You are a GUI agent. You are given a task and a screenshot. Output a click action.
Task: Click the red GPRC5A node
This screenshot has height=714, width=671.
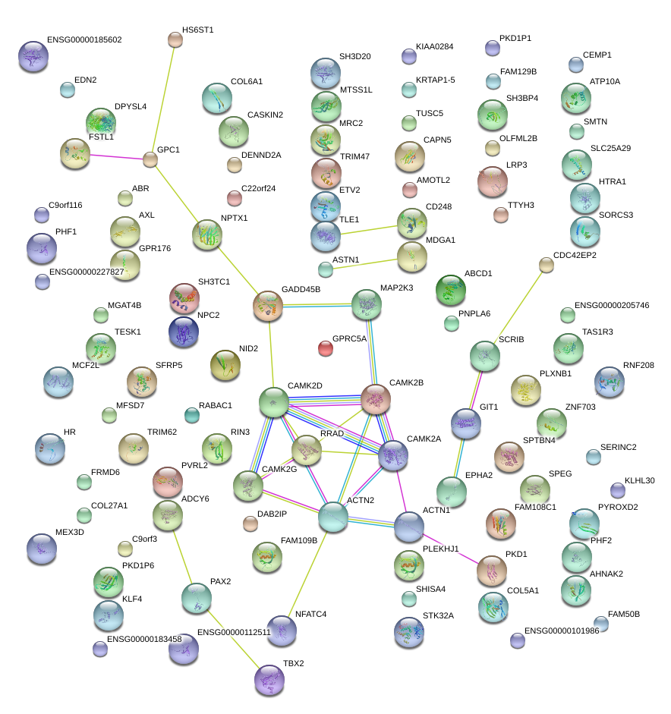(x=326, y=348)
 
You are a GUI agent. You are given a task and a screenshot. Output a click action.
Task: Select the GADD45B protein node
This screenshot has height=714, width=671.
(x=268, y=305)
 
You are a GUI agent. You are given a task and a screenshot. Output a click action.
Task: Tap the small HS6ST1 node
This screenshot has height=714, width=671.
(x=175, y=39)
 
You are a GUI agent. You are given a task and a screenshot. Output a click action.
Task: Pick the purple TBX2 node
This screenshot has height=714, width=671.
(x=269, y=680)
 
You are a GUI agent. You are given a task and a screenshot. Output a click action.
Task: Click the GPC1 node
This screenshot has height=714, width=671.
(x=150, y=159)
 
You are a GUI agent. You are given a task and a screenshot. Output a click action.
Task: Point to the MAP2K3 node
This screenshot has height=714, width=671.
(x=367, y=305)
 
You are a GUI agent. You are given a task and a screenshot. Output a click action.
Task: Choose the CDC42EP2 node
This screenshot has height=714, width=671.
(x=547, y=264)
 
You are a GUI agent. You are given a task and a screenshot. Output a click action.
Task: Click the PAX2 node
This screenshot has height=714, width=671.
(x=196, y=599)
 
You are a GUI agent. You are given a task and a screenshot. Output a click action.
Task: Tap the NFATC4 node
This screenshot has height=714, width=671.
(x=282, y=631)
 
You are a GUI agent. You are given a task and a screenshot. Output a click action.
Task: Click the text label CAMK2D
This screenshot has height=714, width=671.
(x=305, y=386)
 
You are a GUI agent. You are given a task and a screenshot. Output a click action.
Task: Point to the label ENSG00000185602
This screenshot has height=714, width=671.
(x=83, y=39)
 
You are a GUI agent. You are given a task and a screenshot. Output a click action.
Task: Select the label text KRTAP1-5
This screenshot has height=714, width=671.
(x=436, y=80)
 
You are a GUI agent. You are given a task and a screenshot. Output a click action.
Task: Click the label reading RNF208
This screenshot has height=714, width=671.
(x=638, y=365)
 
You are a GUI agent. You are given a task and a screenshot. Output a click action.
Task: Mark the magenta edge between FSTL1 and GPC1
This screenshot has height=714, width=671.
(x=117, y=157)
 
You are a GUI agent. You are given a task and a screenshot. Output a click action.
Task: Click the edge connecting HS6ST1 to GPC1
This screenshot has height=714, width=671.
(x=163, y=99)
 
